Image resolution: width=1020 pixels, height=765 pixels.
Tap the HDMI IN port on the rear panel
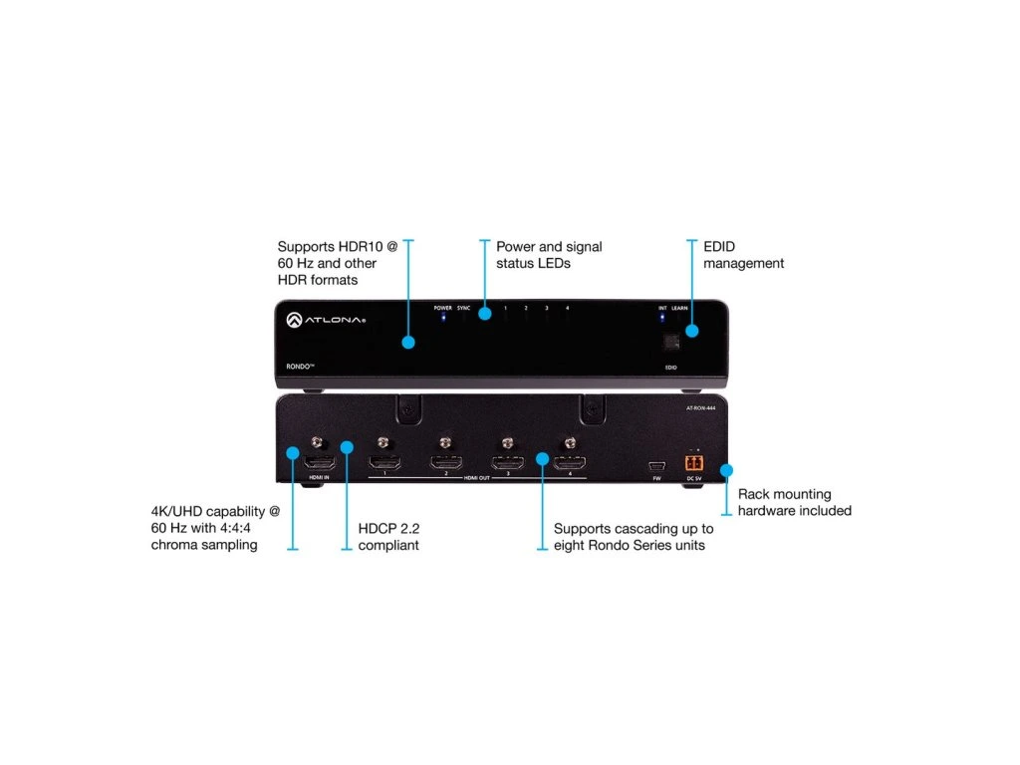(x=319, y=464)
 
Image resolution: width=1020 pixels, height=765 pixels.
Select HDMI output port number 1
(x=383, y=463)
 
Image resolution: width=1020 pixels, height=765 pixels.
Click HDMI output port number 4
(x=570, y=463)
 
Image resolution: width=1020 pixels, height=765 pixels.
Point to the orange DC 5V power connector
(x=693, y=463)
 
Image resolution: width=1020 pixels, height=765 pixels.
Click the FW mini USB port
(x=656, y=466)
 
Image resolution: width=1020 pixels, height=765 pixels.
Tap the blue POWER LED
(x=443, y=319)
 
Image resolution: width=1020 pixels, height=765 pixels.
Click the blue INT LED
(x=662, y=319)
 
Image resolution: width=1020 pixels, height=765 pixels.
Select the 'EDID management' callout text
(x=743, y=255)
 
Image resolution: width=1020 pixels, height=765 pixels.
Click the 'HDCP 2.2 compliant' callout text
(x=388, y=537)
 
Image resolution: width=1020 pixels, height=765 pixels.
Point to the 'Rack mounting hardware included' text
(x=794, y=502)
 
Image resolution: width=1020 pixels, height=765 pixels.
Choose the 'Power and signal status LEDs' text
(x=549, y=254)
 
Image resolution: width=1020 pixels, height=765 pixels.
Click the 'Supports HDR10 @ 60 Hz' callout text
(x=336, y=263)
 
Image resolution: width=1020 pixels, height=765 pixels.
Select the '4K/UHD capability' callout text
(x=215, y=528)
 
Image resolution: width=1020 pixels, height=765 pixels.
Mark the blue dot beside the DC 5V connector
(x=726, y=468)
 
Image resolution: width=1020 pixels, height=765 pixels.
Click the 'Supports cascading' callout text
(x=634, y=537)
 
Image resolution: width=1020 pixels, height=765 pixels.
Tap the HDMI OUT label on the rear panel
(x=477, y=479)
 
